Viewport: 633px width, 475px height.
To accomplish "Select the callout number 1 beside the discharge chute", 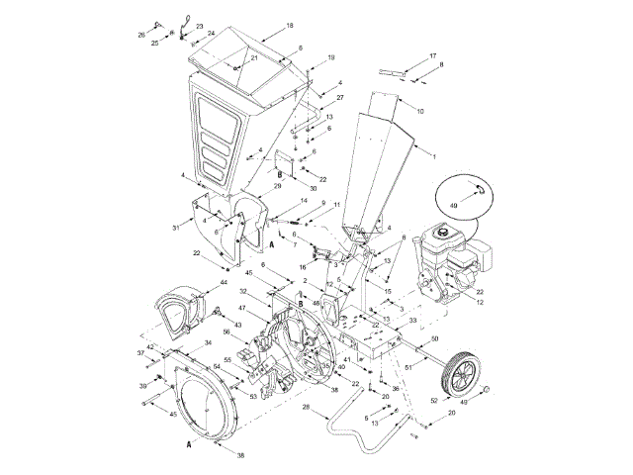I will click(432, 156).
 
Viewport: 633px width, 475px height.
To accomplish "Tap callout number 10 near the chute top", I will click(420, 110).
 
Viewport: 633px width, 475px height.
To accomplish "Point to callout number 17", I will click(432, 55).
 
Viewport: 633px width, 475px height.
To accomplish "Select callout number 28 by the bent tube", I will click(307, 407).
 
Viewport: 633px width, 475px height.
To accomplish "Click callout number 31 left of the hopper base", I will click(175, 228).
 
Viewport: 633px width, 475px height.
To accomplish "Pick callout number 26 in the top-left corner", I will click(140, 35).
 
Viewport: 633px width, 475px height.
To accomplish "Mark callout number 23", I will click(200, 26).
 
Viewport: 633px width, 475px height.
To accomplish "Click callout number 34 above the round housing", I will click(209, 343).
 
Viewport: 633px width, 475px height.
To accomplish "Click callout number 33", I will click(412, 322).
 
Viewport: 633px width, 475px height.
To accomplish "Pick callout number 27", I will click(339, 99).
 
